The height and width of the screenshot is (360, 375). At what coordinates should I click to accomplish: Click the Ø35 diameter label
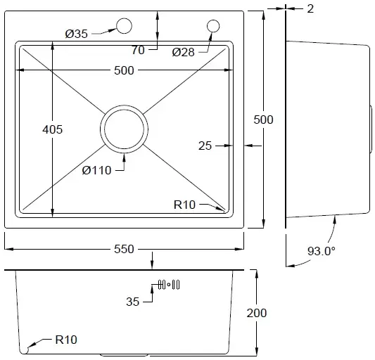click(77, 34)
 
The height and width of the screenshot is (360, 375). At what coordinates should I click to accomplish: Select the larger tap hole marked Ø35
click(124, 26)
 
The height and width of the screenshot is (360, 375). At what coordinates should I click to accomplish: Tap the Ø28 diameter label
click(183, 52)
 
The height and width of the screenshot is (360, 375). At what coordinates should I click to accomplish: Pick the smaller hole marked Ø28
click(213, 26)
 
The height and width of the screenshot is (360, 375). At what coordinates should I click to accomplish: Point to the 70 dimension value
click(138, 50)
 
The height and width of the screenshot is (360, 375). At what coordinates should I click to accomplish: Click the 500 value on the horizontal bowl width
click(124, 70)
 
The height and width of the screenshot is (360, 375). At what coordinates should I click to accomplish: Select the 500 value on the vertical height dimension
click(263, 120)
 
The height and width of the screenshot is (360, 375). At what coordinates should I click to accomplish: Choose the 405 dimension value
click(52, 129)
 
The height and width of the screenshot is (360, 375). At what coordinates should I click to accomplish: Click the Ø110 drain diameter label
click(96, 170)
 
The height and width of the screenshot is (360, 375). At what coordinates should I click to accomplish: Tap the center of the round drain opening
click(124, 129)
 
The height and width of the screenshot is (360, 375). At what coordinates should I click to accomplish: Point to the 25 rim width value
click(205, 146)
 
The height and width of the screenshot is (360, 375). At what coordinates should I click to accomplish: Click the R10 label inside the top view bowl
click(184, 205)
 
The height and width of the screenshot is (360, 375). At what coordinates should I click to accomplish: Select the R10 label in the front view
click(66, 340)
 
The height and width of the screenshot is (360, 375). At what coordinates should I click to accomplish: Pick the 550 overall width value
click(124, 249)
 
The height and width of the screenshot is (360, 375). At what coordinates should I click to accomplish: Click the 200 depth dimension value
click(257, 313)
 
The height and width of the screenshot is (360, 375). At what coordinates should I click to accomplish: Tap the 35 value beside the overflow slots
click(132, 302)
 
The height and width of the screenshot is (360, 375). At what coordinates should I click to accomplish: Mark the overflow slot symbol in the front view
click(169, 285)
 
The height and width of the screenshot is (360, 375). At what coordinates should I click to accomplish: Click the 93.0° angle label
click(322, 251)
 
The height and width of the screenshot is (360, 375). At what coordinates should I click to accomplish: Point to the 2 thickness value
click(310, 9)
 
